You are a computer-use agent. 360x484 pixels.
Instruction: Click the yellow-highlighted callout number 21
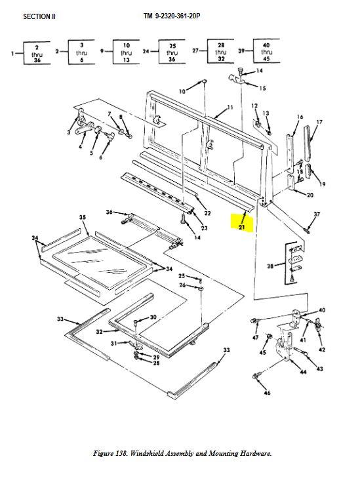click(241, 227)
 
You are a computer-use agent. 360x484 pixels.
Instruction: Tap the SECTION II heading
click(39, 16)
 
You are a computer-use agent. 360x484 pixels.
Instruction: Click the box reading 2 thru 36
click(37, 52)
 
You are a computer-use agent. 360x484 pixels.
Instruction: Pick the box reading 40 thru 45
click(268, 52)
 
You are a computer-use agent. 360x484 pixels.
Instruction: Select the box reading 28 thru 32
click(220, 52)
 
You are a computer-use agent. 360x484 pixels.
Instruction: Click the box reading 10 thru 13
click(127, 52)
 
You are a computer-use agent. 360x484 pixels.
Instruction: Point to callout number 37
click(316, 214)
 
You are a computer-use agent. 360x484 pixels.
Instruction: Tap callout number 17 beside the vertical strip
click(319, 123)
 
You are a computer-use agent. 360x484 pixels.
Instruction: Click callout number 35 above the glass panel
click(83, 217)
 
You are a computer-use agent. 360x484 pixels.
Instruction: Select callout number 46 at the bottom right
click(267, 392)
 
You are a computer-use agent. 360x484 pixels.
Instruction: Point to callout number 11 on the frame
click(230, 107)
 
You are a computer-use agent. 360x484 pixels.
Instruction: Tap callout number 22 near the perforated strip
click(207, 213)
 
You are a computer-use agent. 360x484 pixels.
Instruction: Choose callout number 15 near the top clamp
click(262, 88)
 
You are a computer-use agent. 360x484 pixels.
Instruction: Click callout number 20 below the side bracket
click(310, 194)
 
